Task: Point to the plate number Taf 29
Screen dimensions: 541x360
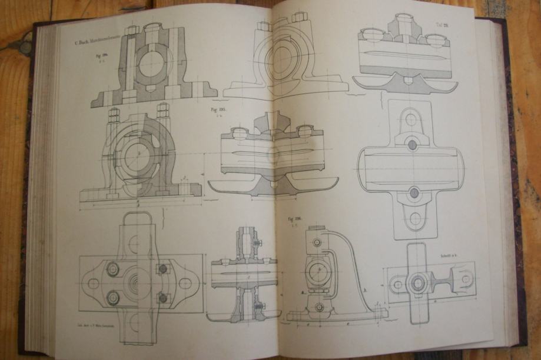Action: click(442, 25)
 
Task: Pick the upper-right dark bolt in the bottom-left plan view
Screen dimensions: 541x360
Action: click(163, 268)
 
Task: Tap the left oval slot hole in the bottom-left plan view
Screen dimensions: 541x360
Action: click(91, 283)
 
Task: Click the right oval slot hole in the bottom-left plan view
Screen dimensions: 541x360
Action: click(184, 283)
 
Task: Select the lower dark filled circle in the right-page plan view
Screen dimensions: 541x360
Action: click(414, 192)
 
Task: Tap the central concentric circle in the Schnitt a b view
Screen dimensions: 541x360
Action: click(418, 284)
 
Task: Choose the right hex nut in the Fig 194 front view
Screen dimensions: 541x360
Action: click(163, 109)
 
